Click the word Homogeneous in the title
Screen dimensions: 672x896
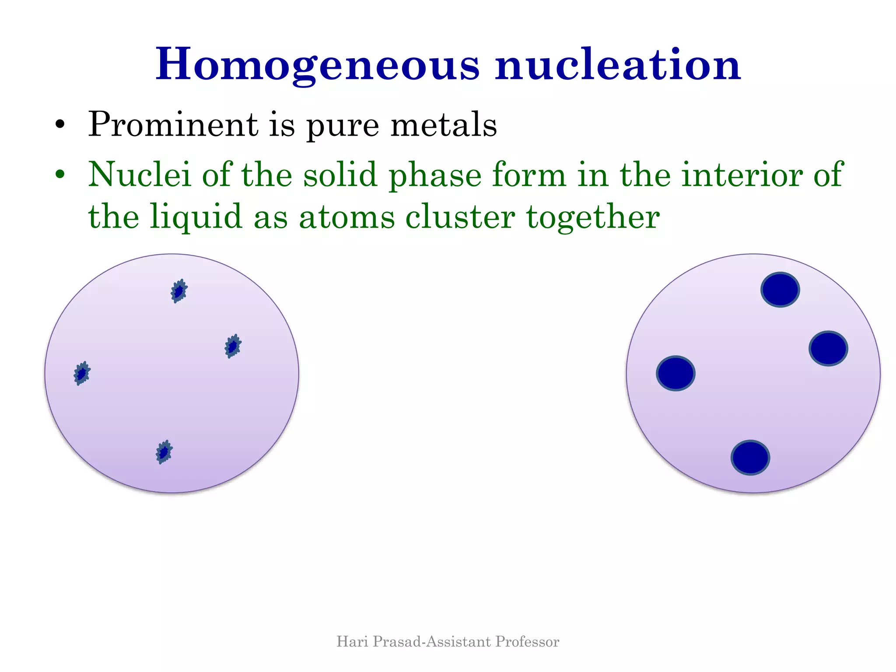tap(318, 65)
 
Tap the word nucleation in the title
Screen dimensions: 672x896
tap(618, 65)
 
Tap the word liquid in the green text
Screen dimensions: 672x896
tap(196, 217)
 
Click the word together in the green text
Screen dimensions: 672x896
tap(593, 217)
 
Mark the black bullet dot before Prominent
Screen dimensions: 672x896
tap(60, 126)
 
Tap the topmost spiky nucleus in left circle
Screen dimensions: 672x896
tap(178, 291)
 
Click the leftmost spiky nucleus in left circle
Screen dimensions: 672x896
tap(82, 373)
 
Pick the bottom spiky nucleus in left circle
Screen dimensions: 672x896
tap(164, 452)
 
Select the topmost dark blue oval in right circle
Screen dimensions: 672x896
tap(780, 290)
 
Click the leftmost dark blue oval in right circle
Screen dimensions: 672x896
tap(675, 373)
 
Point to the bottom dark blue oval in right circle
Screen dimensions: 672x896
tap(750, 458)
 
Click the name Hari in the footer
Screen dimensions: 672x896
tap(352, 641)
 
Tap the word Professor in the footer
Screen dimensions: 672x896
tap(527, 641)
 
